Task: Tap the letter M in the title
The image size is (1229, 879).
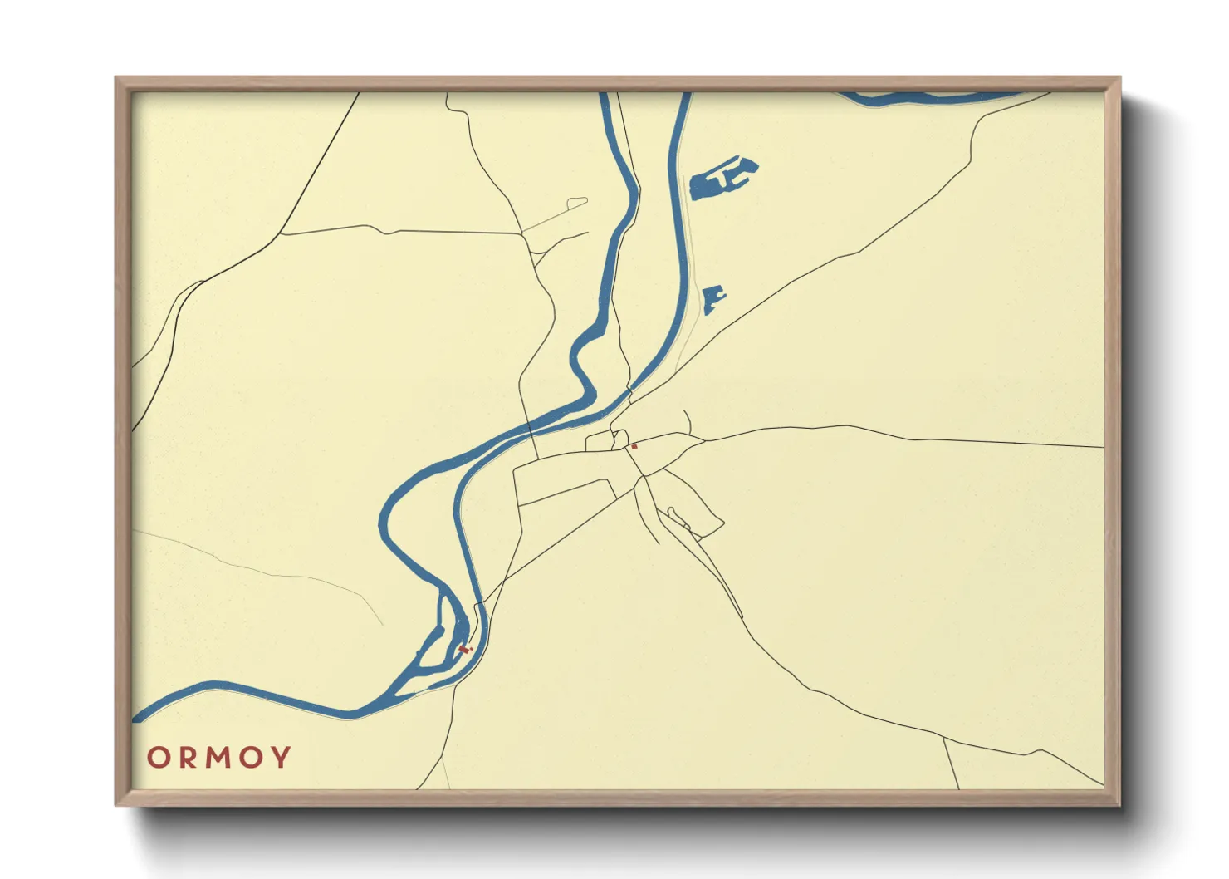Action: [218, 758]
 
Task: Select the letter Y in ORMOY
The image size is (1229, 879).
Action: [282, 758]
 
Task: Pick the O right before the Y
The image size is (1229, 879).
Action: [252, 758]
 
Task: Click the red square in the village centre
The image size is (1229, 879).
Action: [634, 447]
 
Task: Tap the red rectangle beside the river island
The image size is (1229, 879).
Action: [464, 649]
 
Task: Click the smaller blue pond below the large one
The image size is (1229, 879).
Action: [712, 299]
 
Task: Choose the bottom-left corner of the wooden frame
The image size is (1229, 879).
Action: [117, 803]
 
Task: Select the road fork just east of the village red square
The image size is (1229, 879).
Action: [704, 439]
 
